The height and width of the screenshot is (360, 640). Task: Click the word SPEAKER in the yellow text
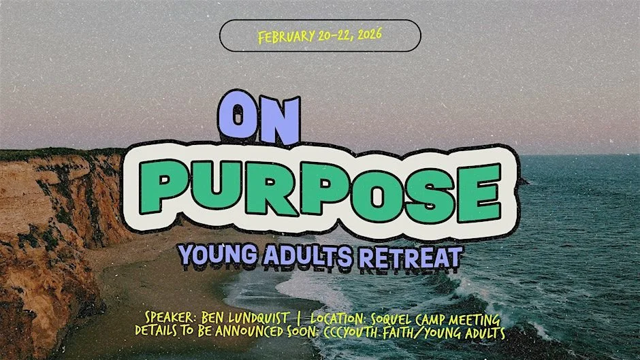[170, 318]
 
